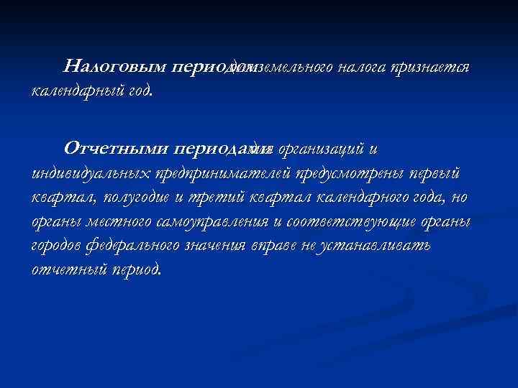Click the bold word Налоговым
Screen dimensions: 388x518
coord(115,68)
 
